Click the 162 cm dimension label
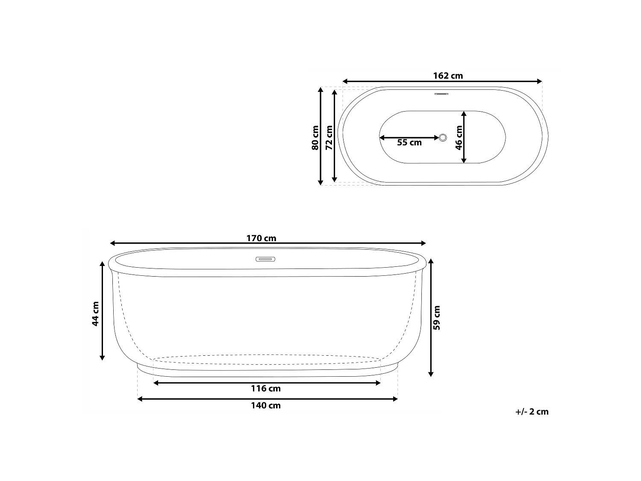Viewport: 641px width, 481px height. point(448,76)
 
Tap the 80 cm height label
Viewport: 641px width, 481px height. point(315,138)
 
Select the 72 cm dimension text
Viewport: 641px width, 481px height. point(329,138)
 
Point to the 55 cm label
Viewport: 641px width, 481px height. point(409,142)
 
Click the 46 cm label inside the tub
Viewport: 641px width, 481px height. point(459,138)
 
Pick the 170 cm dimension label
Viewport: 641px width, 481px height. point(261,238)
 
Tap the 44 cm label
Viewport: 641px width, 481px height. point(95,314)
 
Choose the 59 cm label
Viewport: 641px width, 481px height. point(437,318)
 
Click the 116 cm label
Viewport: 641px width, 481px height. point(266,388)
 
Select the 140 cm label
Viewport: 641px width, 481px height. point(266,405)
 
